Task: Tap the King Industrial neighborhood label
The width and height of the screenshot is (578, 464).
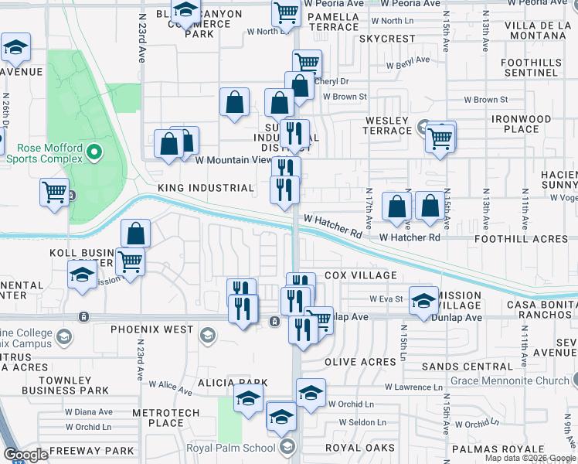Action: pos(206,188)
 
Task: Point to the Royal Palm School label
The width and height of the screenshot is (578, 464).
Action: pos(230,448)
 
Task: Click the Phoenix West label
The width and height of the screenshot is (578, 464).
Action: pos(151,329)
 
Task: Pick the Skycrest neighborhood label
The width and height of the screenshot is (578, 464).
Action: pos(387,38)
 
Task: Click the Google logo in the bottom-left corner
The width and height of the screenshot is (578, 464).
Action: pos(25,454)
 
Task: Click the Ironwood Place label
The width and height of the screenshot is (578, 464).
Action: pos(522,125)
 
